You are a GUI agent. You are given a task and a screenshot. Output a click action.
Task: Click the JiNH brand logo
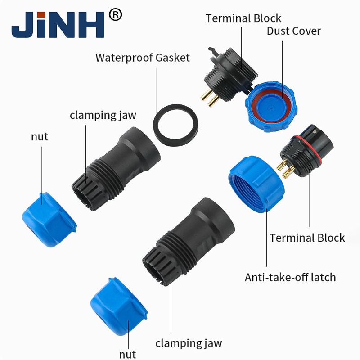pyautogui.click(x=58, y=25)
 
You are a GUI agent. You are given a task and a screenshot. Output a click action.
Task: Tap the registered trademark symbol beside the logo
pyautogui.click(x=115, y=15)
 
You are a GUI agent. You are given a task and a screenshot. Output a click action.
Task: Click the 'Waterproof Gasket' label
pyautogui.click(x=143, y=58)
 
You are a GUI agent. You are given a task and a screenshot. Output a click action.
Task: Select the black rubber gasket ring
pyautogui.click(x=175, y=126)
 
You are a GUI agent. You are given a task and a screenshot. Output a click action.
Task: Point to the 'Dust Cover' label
pyautogui.click(x=294, y=31)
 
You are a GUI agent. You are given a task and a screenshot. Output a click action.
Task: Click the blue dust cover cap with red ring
pyautogui.click(x=271, y=107)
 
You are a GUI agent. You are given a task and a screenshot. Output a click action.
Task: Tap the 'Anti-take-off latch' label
pyautogui.click(x=290, y=277)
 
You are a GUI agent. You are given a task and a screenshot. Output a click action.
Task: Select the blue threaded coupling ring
pyautogui.click(x=256, y=184)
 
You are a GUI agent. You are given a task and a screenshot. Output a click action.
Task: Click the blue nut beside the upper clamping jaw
pyautogui.click(x=49, y=220)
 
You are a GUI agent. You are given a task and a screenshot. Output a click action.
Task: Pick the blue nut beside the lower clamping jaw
pyautogui.click(x=119, y=306)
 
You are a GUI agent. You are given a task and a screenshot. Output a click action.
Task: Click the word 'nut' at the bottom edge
pyautogui.click(x=127, y=355)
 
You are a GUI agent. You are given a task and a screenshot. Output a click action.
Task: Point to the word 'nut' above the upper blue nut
pyautogui.click(x=40, y=137)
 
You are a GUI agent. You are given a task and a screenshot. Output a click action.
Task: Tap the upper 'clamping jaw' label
pyautogui.click(x=103, y=115)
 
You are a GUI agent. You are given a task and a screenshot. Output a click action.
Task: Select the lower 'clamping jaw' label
pyautogui.click(x=189, y=343)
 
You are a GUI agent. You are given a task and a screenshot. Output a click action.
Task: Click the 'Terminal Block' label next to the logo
pyautogui.click(x=243, y=18)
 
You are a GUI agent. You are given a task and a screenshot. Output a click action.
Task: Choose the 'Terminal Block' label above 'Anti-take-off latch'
pyautogui.click(x=307, y=238)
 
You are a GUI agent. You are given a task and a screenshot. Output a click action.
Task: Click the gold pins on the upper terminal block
pyautogui.click(x=210, y=98)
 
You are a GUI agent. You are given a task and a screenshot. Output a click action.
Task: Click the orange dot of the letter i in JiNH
pyautogui.click(x=41, y=14)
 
